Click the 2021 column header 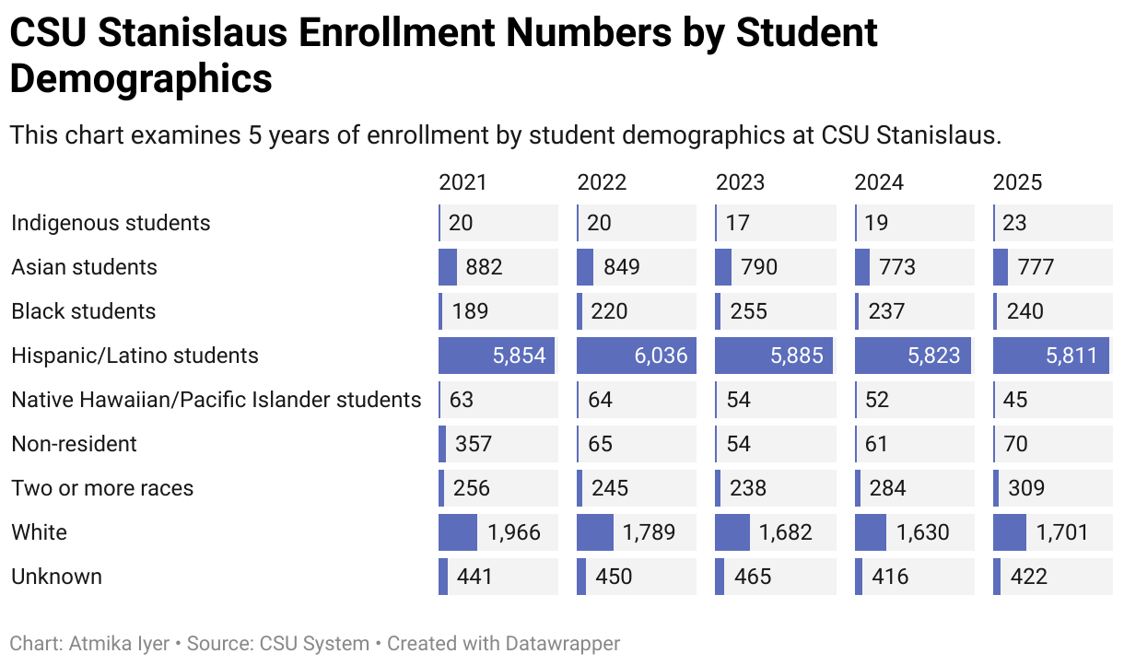462,182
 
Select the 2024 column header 879,182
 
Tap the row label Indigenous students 111,223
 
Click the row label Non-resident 74,444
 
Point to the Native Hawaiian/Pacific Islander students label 216,400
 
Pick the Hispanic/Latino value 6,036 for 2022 660,356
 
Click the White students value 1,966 514,532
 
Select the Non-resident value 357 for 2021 474,444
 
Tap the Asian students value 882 485,267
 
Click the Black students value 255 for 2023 748,311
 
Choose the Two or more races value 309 1026,488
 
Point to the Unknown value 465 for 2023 753,577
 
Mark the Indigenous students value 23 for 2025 1014,223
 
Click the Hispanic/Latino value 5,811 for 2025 1072,356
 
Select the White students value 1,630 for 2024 923,532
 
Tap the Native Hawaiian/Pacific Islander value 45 1014,400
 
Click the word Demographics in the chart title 141,78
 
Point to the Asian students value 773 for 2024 896,267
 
